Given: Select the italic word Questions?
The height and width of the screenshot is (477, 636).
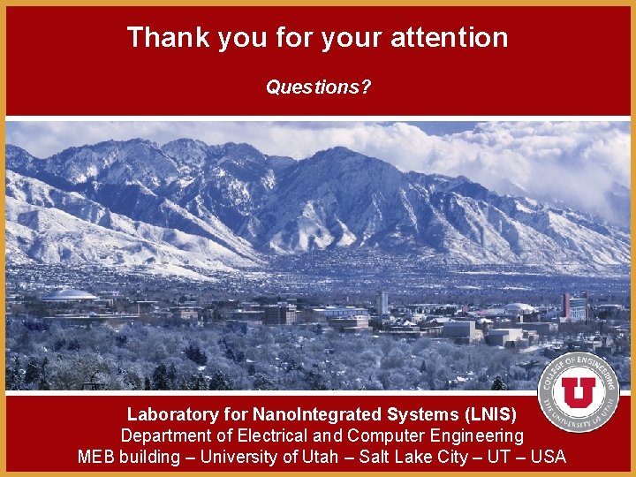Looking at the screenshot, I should coord(319,87).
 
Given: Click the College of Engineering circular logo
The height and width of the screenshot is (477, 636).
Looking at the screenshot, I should coord(579,392).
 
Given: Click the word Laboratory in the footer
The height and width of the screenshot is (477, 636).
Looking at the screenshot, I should coord(172,413).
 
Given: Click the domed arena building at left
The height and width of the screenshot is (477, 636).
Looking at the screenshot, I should coord(68,295).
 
